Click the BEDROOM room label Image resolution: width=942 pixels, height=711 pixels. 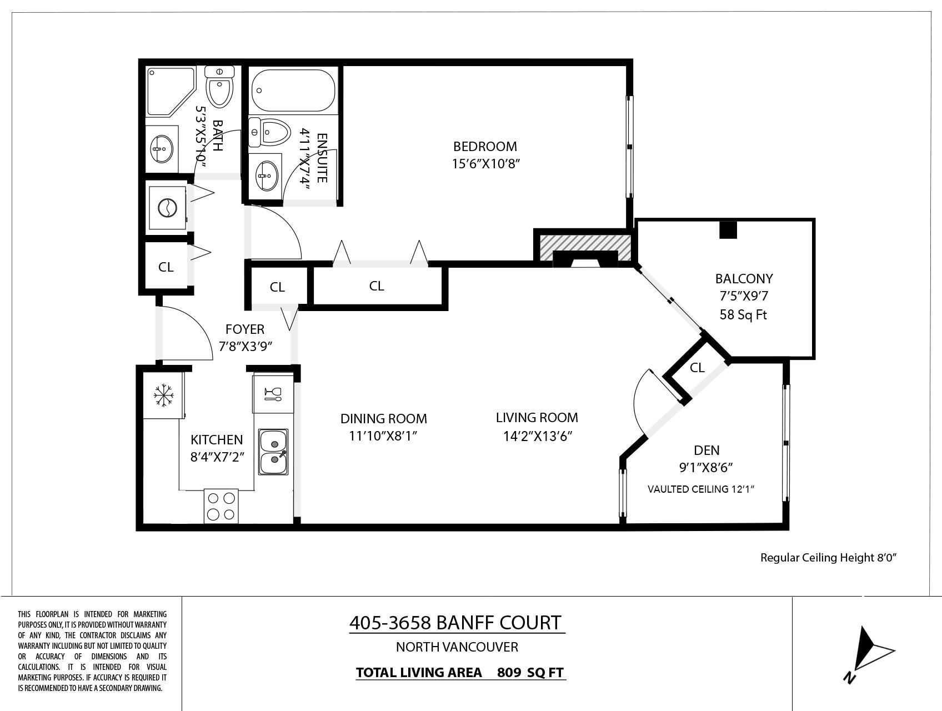(485, 147)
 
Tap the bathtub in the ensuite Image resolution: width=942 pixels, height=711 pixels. (293, 90)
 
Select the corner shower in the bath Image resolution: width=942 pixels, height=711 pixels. (171, 92)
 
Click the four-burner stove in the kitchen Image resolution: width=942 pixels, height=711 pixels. (221, 505)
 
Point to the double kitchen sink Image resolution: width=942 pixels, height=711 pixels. (273, 452)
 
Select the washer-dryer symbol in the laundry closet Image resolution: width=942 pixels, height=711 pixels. (167, 209)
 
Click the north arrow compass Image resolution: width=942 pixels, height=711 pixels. (869, 654)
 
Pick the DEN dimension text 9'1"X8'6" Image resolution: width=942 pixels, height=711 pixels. (706, 468)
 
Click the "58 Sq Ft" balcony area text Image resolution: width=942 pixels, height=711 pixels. (743, 315)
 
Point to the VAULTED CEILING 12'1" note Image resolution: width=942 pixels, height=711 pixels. (701, 489)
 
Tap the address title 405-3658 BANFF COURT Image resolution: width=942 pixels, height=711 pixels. (455, 623)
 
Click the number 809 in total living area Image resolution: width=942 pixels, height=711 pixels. (509, 673)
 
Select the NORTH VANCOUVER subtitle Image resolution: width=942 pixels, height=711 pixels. (457, 647)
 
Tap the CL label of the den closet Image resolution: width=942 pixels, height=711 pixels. (697, 368)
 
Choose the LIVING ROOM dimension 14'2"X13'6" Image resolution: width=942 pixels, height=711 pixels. (537, 436)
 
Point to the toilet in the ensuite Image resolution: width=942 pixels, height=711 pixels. (270, 132)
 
